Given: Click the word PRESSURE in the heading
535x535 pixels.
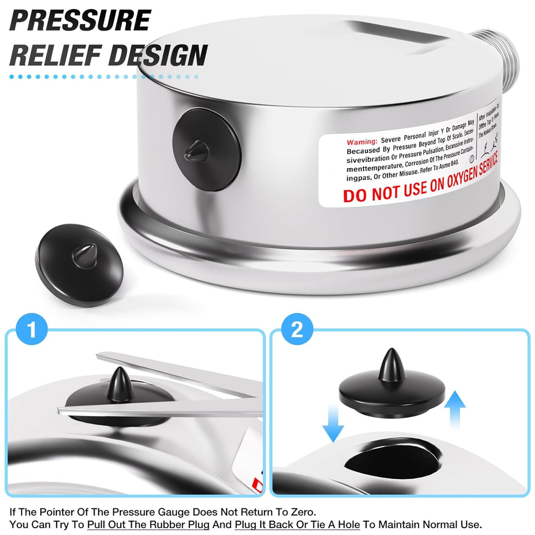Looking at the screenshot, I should point(80,20).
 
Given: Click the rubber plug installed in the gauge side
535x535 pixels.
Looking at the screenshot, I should point(206,148).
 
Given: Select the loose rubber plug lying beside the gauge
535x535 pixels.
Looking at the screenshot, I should point(79,257).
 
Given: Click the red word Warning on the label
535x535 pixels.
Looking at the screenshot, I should point(362,142).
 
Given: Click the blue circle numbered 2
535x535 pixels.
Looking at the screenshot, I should point(296,330).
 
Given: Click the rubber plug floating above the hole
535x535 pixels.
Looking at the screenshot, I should point(392,389).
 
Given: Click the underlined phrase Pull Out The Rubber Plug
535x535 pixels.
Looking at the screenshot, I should point(145,524).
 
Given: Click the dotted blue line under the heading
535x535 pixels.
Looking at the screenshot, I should point(104,77).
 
